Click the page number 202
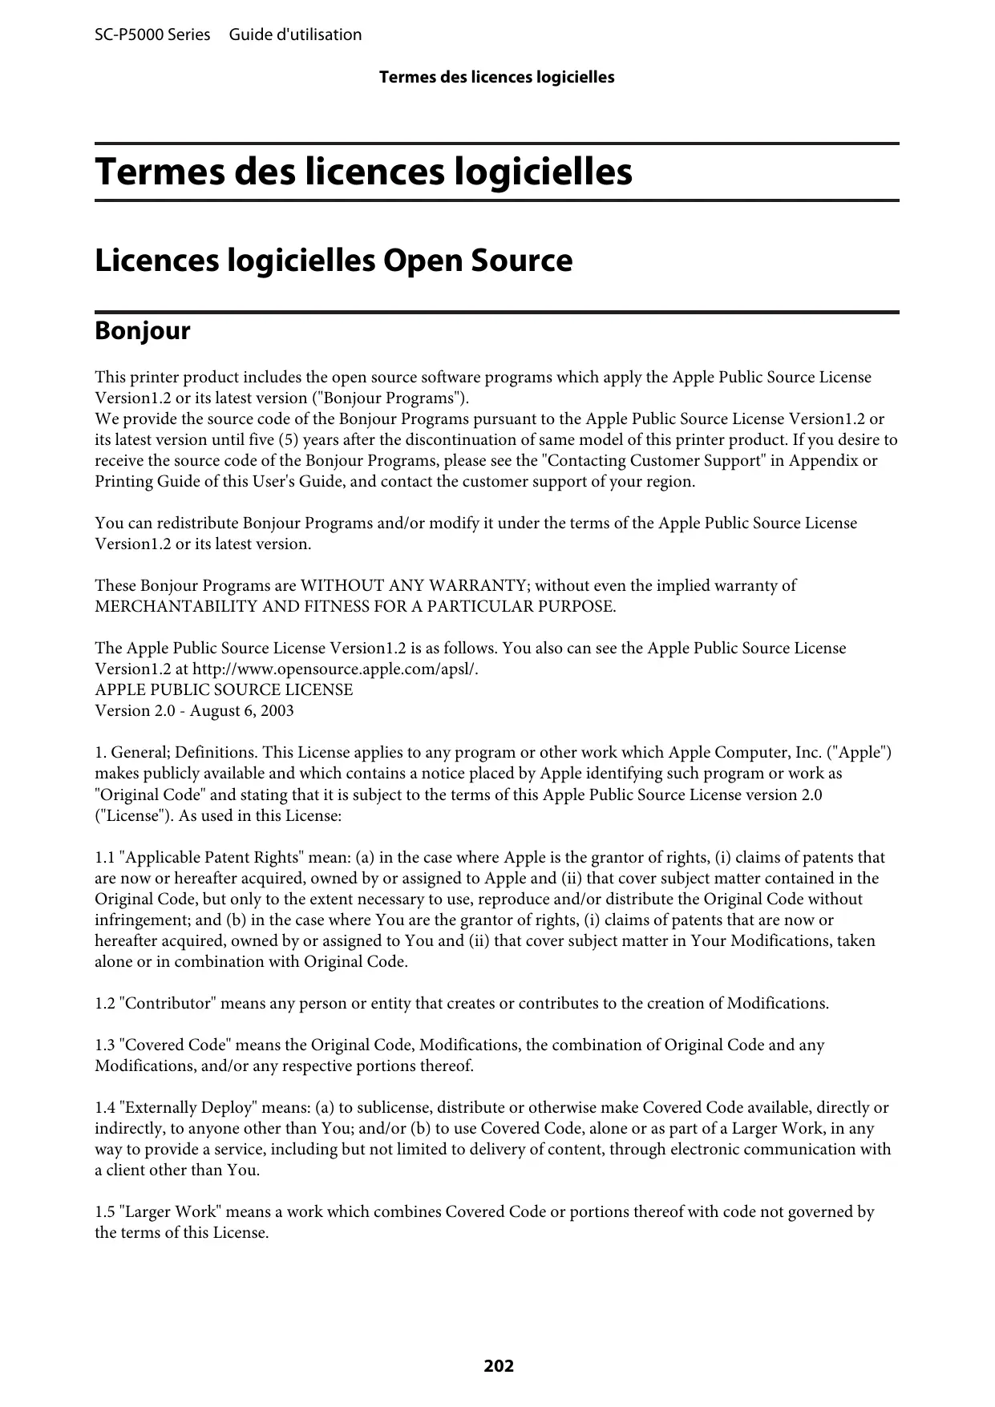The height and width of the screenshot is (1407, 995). click(x=498, y=1365)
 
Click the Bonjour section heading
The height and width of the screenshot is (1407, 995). click(x=143, y=331)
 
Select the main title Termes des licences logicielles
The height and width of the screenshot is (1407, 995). click(x=363, y=172)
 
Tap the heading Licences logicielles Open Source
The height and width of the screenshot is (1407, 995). click(x=334, y=261)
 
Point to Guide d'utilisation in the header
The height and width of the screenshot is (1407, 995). click(x=295, y=34)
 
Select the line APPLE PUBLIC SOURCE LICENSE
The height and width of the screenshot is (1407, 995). click(x=224, y=689)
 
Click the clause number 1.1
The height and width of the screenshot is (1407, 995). click(x=104, y=857)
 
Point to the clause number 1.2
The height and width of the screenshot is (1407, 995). click(x=104, y=1003)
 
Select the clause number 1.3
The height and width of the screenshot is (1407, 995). click(x=104, y=1045)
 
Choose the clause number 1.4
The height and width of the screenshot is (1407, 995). click(x=104, y=1107)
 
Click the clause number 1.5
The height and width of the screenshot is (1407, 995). click(x=104, y=1211)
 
